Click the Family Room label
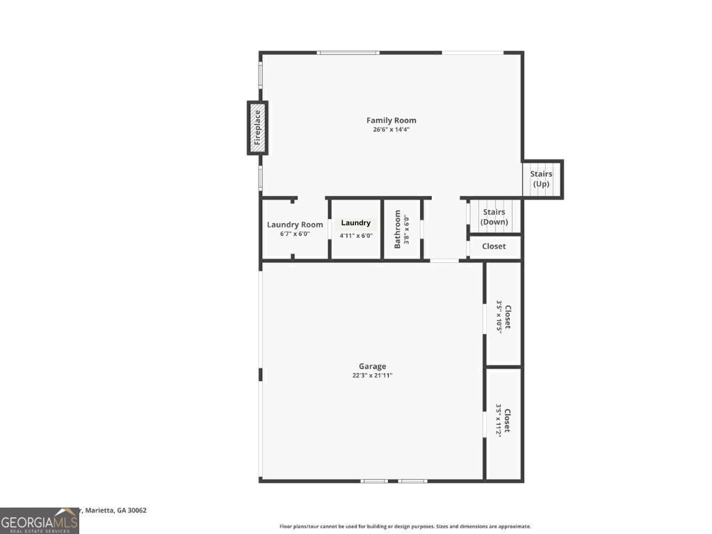[x=391, y=120]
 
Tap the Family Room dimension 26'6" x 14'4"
[x=391, y=129]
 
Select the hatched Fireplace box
[x=257, y=128]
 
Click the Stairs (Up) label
[x=541, y=179]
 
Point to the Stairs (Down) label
[x=494, y=217]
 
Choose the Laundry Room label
[x=295, y=225]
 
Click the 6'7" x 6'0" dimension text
[x=295, y=234]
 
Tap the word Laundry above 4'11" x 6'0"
[x=356, y=223]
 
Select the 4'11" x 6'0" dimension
[x=356, y=236]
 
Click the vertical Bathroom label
[x=398, y=229]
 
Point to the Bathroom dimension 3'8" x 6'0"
[x=407, y=229]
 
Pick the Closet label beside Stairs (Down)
[x=494, y=246]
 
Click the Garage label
[x=372, y=366]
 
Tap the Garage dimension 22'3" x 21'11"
[x=372, y=375]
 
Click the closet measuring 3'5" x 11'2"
[x=503, y=421]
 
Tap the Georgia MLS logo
[x=39, y=521]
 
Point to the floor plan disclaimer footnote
[x=405, y=526]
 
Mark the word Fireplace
[x=257, y=128]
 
